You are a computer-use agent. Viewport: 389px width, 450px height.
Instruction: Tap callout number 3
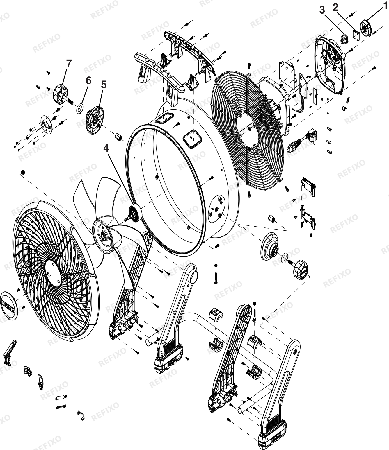coord(322,10)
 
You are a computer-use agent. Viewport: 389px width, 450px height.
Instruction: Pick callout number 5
coord(104,85)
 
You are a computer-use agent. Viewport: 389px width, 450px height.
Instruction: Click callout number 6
coord(88,80)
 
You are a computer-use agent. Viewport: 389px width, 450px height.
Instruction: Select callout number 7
coord(69,64)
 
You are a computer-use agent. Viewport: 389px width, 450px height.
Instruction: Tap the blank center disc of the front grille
coord(53,273)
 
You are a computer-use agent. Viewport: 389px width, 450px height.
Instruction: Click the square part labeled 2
coord(356,35)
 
